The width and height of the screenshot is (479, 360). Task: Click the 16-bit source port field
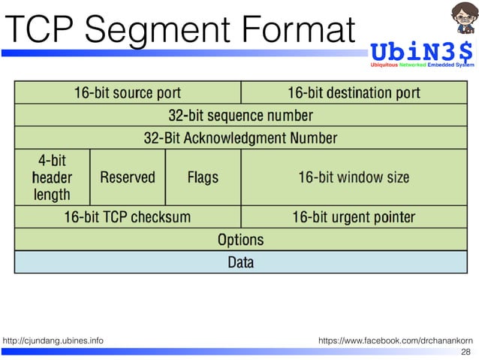tap(128, 93)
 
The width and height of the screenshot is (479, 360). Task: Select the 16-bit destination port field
tap(354, 93)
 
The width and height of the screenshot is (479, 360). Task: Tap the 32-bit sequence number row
tap(240, 116)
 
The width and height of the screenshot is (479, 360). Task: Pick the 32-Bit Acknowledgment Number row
tap(240, 138)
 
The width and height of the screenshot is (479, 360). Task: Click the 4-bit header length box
tap(52, 177)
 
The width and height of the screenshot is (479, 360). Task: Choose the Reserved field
tap(128, 177)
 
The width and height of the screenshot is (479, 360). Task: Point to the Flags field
tap(203, 177)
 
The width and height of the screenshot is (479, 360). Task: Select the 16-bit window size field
tap(354, 177)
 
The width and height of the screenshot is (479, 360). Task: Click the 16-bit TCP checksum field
tap(128, 217)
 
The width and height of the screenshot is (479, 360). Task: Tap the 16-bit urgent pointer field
tap(354, 217)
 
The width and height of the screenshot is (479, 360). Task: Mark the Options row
tap(240, 240)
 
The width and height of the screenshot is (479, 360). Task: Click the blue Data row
tap(240, 262)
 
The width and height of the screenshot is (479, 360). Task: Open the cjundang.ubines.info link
tap(53, 341)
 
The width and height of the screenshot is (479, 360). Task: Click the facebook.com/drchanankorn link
tap(396, 341)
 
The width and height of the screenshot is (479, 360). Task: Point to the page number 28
tap(465, 352)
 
